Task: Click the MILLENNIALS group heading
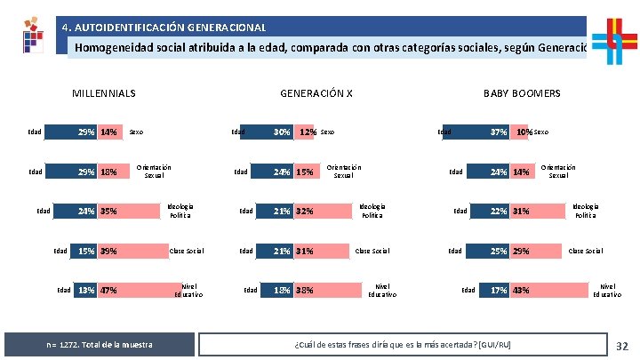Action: [103, 93]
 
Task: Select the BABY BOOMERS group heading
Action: [522, 93]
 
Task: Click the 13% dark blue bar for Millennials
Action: [85, 290]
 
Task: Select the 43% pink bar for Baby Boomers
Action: [551, 290]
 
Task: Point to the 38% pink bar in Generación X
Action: [332, 290]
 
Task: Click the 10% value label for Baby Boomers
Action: [526, 132]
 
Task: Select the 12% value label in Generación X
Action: [308, 132]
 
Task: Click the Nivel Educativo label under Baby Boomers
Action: [607, 290]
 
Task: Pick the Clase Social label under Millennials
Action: [186, 251]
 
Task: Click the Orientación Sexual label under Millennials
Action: [154, 171]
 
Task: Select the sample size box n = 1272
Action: [99, 344]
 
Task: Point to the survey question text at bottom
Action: [402, 344]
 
